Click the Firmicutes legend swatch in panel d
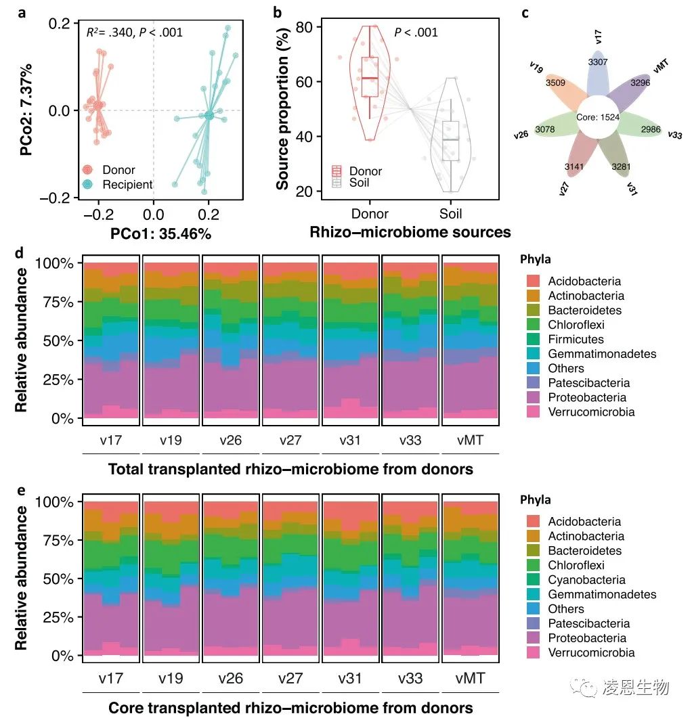(x=534, y=339)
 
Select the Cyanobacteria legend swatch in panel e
(x=534, y=580)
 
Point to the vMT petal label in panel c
(x=661, y=66)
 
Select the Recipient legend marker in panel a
(x=87, y=183)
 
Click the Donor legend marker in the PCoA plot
(x=87, y=170)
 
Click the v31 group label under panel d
(x=351, y=440)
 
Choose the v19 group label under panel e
(x=171, y=677)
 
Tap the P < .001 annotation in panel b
(x=416, y=32)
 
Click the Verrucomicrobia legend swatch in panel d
(x=534, y=412)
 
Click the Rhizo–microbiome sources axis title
(x=410, y=233)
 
